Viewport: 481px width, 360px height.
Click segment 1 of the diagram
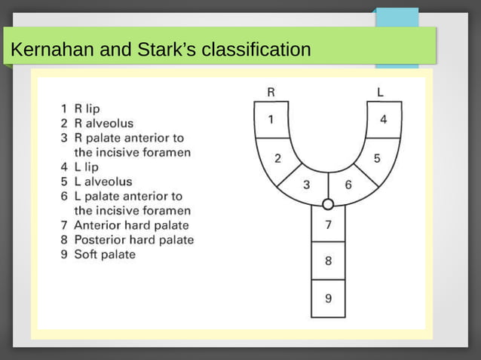coord(271,119)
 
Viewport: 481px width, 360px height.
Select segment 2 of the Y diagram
coord(277,158)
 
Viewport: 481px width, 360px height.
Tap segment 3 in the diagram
coord(307,185)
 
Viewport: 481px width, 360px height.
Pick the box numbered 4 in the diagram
coord(383,119)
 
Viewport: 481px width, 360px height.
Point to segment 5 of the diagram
coord(377,158)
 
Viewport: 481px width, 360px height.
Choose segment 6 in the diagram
coord(348,185)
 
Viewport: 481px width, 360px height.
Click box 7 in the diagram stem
coord(328,225)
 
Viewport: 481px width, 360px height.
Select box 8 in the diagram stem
coord(328,261)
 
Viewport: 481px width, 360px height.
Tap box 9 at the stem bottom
coord(328,298)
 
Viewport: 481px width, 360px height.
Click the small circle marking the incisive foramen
coord(328,204)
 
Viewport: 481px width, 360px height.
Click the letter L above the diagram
coord(381,92)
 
